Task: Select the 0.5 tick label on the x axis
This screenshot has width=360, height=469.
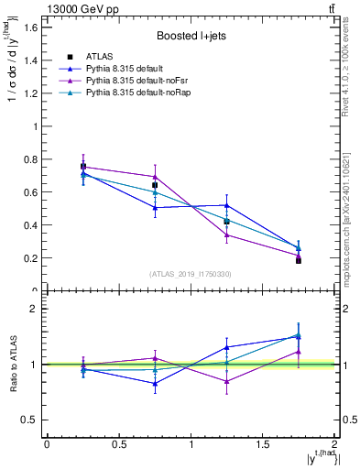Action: (118, 444)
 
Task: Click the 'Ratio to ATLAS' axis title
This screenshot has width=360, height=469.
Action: (15, 364)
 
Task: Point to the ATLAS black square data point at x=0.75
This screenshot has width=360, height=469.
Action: (155, 185)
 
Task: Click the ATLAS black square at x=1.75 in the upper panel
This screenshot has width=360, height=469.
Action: (299, 261)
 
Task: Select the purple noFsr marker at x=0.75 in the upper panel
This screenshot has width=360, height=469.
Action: (155, 177)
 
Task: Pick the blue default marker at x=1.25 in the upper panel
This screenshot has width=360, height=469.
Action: (227, 205)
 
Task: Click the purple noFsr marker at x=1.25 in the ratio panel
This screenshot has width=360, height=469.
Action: (227, 381)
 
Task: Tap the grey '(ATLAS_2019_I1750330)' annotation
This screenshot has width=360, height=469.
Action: (190, 274)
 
